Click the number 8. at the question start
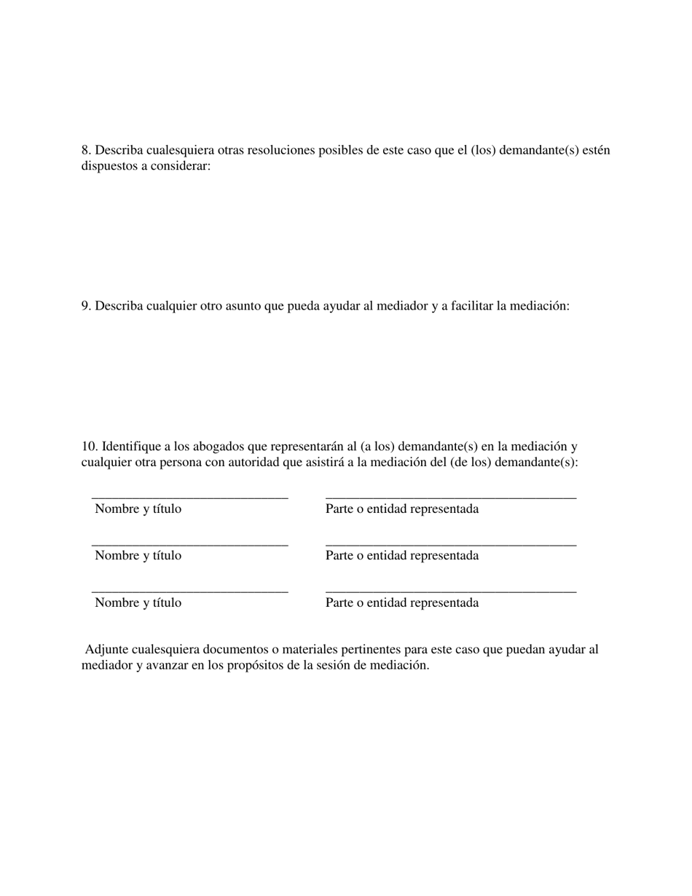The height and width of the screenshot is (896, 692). (87, 150)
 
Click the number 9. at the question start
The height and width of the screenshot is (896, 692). (87, 306)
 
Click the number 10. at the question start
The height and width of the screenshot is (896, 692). (90, 447)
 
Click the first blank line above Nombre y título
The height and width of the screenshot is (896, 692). (189, 498)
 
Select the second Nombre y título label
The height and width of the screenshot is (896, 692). (138, 556)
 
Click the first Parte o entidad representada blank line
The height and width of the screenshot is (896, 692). (450, 498)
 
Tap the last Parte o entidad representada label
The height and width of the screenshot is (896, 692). (402, 603)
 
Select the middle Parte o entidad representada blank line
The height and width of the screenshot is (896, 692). (450, 544)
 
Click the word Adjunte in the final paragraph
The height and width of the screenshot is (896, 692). (106, 649)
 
